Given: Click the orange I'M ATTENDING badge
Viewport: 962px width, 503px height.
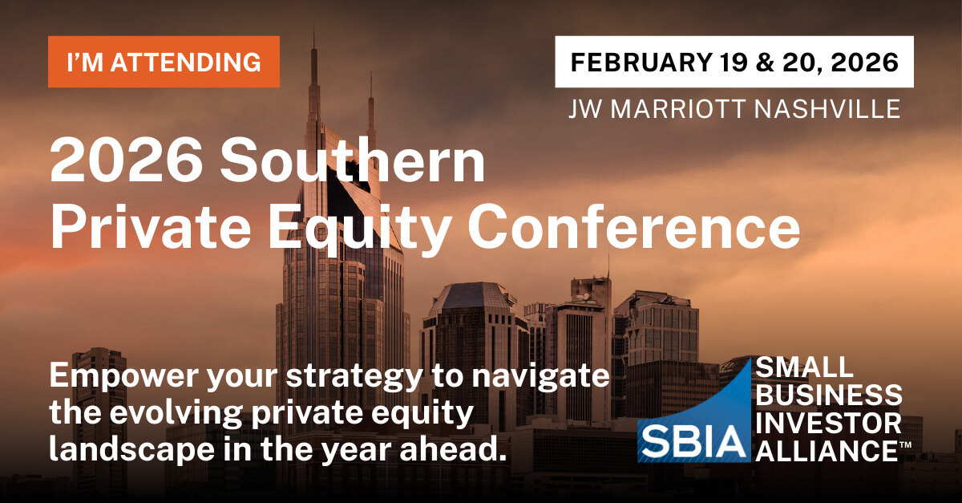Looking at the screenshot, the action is (164, 62).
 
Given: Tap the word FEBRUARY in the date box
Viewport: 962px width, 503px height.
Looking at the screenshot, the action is (641, 63).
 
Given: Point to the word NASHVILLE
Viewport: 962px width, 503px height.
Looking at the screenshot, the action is (827, 109).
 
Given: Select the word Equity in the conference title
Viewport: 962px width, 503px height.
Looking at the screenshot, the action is (359, 229).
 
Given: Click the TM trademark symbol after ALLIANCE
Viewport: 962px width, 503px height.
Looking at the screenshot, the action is (905, 444).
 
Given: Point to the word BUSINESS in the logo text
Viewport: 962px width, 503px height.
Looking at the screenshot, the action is (829, 395).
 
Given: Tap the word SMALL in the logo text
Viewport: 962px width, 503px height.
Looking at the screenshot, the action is (804, 367).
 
